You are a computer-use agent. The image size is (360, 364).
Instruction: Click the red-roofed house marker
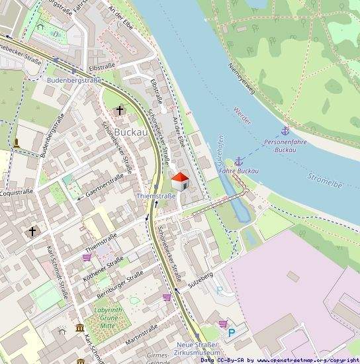point(180,181)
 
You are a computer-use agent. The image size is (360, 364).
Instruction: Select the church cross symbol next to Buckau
point(120,110)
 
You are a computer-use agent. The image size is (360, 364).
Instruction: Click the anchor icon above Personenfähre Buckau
point(285,131)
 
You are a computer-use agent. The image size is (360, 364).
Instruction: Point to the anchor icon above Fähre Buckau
point(239,161)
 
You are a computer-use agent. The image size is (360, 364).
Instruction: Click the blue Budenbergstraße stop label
point(74,80)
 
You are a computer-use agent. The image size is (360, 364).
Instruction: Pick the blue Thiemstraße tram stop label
point(156,196)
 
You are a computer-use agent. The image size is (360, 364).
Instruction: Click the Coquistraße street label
point(17,192)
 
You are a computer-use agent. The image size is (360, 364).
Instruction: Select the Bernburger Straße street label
point(120,284)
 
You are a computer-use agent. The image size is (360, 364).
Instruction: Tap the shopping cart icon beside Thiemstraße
point(87,257)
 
